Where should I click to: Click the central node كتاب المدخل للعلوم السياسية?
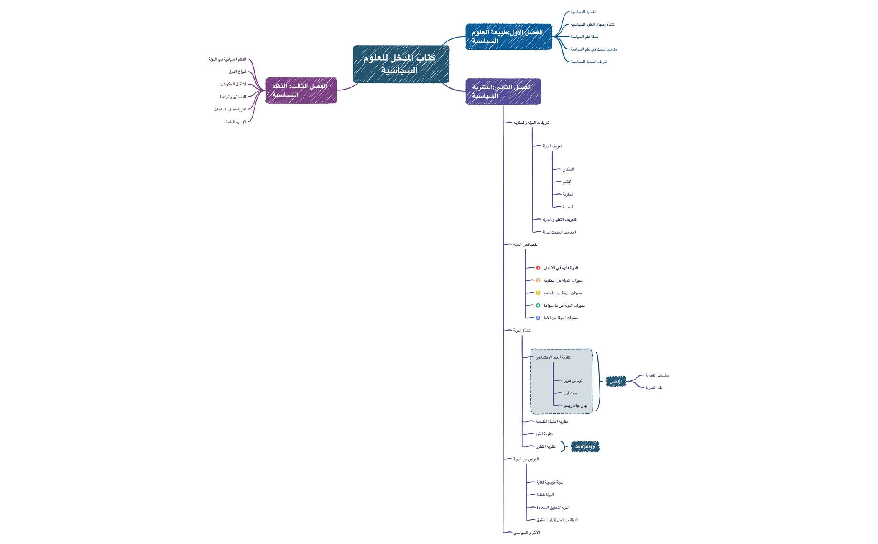pos(401,64)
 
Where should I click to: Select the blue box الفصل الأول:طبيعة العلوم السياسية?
pos(508,37)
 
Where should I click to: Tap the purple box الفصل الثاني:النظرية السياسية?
pos(503,91)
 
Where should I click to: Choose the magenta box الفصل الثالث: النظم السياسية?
pos(301,90)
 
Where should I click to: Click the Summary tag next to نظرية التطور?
pos(585,446)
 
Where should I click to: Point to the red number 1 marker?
pos(538,268)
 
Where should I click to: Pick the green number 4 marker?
pos(538,305)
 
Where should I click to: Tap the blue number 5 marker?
pos(538,318)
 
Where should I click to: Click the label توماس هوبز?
pos(573,381)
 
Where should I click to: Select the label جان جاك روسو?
pos(575,406)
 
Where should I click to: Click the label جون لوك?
pos(570,393)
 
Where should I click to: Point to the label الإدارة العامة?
pos(236,122)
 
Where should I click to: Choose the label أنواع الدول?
pos(237,72)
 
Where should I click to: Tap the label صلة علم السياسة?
pos(584,37)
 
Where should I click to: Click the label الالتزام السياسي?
pos(526,533)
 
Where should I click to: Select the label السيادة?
pos(568,207)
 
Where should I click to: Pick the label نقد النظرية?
pos(653,388)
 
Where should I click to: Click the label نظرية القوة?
pos(544,434)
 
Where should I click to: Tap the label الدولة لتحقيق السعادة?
pos(553,508)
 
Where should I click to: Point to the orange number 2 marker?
pos(538,280)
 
